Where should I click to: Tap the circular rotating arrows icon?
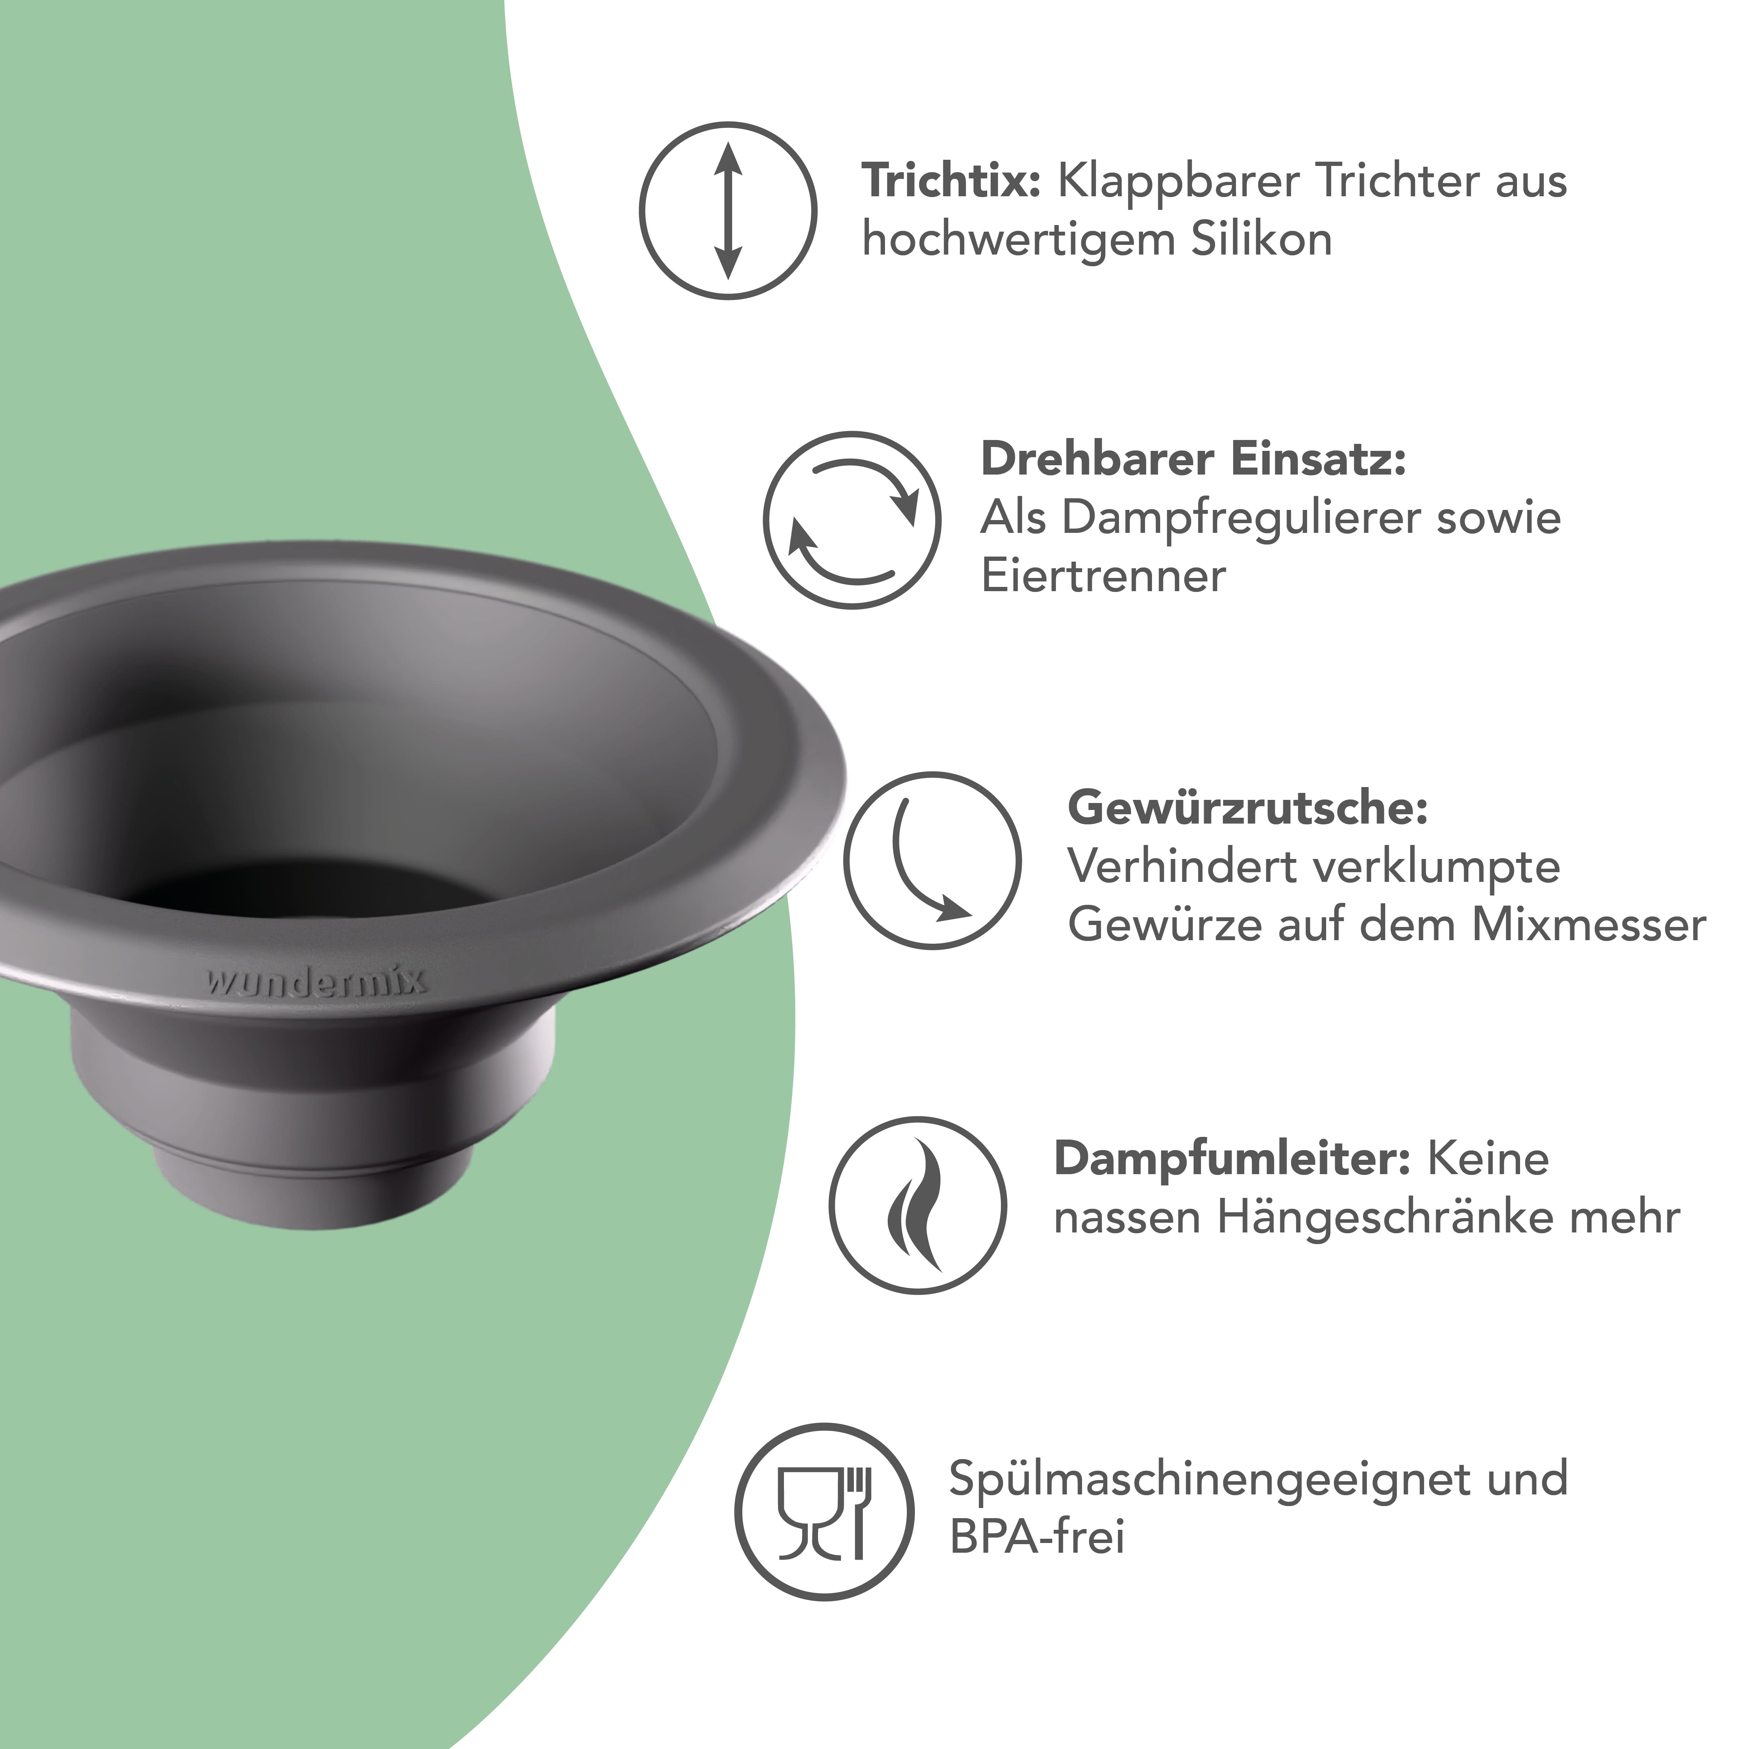[x=852, y=520]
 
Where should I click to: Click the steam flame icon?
[x=917, y=1205]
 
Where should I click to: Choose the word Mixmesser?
[x=1589, y=925]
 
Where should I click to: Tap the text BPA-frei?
[x=1037, y=1537]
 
